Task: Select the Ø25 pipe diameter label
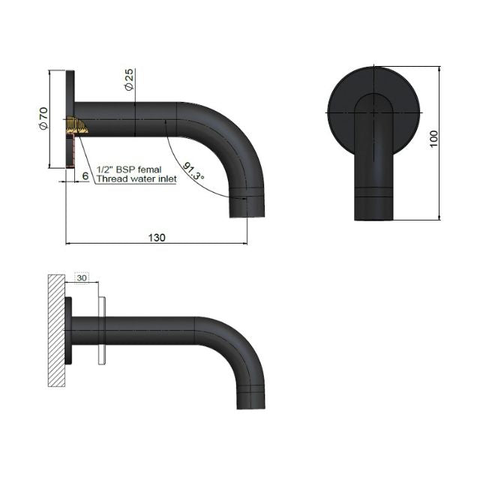[129, 79]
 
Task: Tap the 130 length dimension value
[157, 237]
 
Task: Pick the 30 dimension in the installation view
[82, 277]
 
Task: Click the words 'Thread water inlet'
[136, 180]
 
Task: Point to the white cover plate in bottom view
[101, 331]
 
